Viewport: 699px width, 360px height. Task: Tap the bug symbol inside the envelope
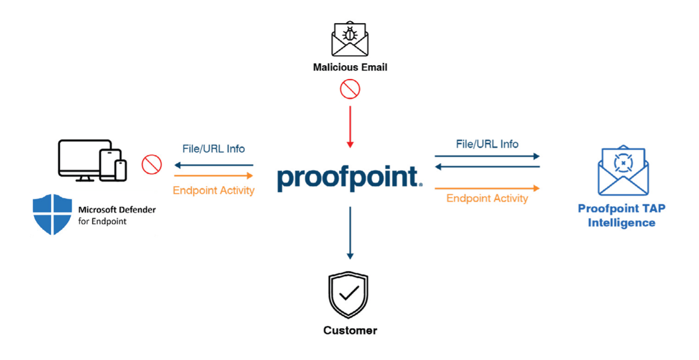tap(350, 34)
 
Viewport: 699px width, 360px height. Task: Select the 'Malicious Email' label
tap(350, 67)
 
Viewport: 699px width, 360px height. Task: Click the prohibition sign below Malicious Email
tap(350, 89)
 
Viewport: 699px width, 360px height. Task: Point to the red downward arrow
tap(350, 127)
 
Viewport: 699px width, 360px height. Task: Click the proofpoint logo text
tap(350, 178)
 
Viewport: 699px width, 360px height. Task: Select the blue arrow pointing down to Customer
tap(350, 233)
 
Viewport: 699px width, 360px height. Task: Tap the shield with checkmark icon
tap(348, 294)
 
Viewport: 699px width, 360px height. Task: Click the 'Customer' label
tap(350, 330)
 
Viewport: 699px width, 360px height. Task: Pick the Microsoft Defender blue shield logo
tap(52, 214)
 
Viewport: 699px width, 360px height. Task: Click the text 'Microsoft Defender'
tap(117, 210)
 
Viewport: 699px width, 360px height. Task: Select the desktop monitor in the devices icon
tap(85, 160)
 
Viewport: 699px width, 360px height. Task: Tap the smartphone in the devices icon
tap(120, 170)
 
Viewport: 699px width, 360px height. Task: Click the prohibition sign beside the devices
tap(151, 164)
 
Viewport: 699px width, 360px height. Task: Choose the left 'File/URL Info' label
tap(214, 149)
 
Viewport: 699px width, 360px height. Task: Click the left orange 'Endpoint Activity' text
tap(214, 190)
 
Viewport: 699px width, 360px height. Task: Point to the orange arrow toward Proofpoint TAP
tap(487, 188)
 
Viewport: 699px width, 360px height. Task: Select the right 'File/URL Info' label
tap(487, 144)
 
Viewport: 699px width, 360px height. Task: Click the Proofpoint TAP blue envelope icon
tap(623, 170)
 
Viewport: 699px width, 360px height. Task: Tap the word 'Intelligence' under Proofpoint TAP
tap(622, 223)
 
